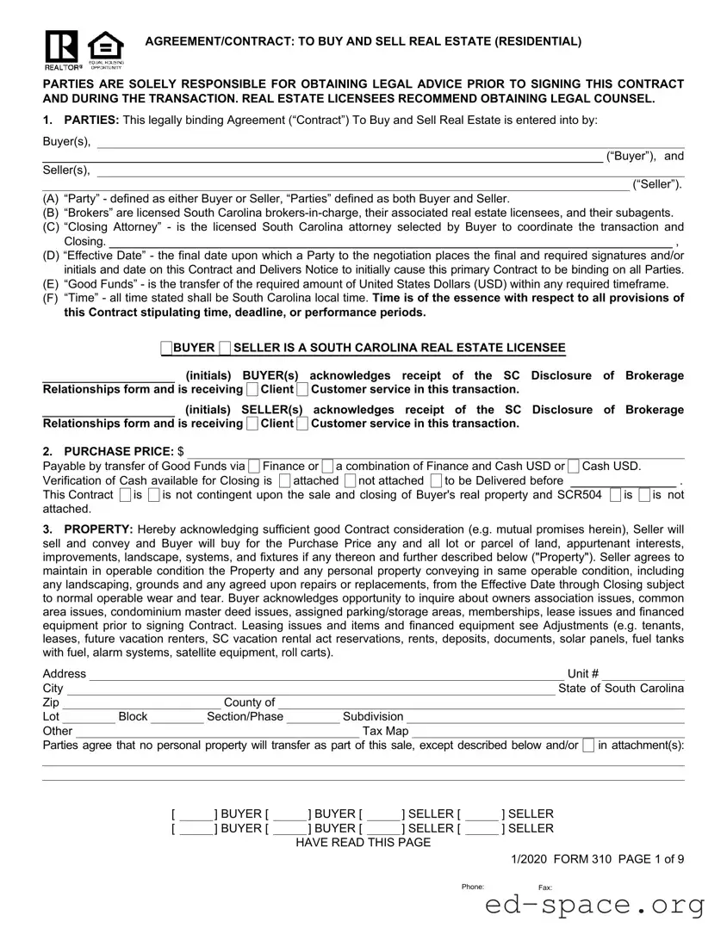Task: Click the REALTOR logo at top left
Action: [x=62, y=49]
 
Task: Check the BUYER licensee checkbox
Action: [x=166, y=348]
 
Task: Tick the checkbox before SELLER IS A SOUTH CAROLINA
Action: [x=225, y=348]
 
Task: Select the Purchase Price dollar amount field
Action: [x=435, y=451]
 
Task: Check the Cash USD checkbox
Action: [x=575, y=467]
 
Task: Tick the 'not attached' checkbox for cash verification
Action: [x=350, y=480]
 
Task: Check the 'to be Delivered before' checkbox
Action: [x=436, y=480]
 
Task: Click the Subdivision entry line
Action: [x=544, y=716]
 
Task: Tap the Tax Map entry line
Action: [x=548, y=731]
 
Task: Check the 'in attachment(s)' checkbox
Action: [x=587, y=745]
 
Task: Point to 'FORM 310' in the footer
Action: [x=583, y=857]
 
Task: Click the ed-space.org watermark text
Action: [x=594, y=905]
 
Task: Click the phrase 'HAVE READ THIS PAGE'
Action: [x=363, y=842]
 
